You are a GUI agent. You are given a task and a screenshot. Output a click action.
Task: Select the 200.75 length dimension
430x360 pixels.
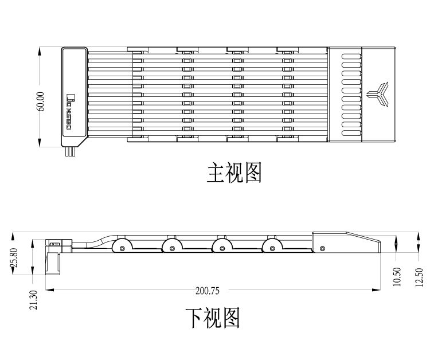point(207,290)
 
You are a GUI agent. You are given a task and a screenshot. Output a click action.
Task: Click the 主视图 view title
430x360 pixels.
point(234,172)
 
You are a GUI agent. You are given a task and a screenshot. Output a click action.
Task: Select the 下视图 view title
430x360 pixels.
point(212,318)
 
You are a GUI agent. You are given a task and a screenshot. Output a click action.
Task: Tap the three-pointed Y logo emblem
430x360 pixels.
point(379,94)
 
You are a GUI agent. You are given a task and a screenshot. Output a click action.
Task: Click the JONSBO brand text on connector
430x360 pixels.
point(70,112)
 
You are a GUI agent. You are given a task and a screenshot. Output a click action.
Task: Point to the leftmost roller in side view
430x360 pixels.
point(122,247)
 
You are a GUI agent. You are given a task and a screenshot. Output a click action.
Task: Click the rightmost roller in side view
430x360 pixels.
point(272,247)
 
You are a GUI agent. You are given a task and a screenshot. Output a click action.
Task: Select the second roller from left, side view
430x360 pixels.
point(172,247)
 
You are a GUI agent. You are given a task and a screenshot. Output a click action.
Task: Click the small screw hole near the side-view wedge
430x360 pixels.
point(322,248)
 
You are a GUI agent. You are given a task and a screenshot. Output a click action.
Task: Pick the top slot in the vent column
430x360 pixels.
point(349,56)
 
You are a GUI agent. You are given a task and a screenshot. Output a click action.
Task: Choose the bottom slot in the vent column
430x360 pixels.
point(349,131)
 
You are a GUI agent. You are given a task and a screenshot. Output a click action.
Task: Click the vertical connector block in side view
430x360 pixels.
point(54,263)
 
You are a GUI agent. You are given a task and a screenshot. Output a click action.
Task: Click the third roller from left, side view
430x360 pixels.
point(222,247)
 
